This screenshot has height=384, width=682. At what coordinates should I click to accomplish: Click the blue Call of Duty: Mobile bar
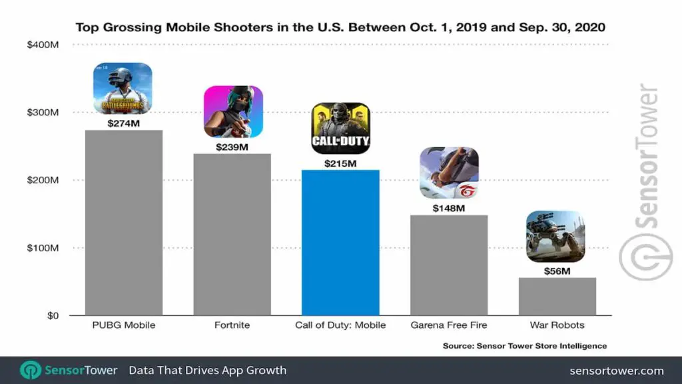(x=340, y=243)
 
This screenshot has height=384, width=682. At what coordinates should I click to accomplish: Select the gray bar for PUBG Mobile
(x=124, y=223)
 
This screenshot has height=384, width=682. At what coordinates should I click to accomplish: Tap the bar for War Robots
(x=557, y=297)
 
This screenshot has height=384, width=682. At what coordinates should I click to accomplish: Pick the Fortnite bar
(x=232, y=235)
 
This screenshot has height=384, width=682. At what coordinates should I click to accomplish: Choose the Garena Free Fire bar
(x=448, y=265)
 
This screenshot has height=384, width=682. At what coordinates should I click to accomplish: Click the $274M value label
(x=124, y=123)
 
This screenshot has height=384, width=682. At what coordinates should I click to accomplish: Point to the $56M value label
(x=557, y=271)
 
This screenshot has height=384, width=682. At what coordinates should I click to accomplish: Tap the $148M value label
(x=448, y=208)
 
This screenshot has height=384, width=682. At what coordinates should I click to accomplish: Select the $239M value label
(x=232, y=147)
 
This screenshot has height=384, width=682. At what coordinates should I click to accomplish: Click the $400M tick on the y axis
(x=43, y=45)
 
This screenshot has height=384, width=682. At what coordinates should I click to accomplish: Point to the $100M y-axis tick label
(x=43, y=248)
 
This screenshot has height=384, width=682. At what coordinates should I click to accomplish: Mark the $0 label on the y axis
(x=52, y=315)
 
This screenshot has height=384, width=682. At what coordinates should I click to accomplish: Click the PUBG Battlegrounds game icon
(x=123, y=88)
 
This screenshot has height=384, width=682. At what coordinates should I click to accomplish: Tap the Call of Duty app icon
(x=340, y=127)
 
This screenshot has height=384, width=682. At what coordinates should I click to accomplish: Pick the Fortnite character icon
(x=232, y=111)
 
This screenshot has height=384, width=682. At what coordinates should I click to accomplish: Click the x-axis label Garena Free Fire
(x=448, y=325)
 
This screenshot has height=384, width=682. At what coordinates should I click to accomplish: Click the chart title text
(x=340, y=27)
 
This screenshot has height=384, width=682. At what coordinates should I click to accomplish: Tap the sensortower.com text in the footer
(x=617, y=370)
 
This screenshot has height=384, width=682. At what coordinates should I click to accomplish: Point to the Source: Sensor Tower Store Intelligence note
(x=525, y=346)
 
